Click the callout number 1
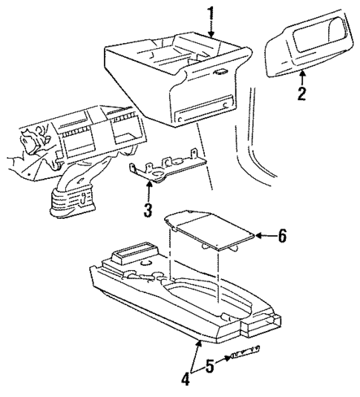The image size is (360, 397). point(211,13)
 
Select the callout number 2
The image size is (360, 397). point(302,94)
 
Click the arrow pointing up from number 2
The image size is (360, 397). point(302,76)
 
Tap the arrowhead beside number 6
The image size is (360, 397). point(259,237)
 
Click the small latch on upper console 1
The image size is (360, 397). point(220,72)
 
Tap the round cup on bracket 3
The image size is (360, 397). point(156,175)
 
